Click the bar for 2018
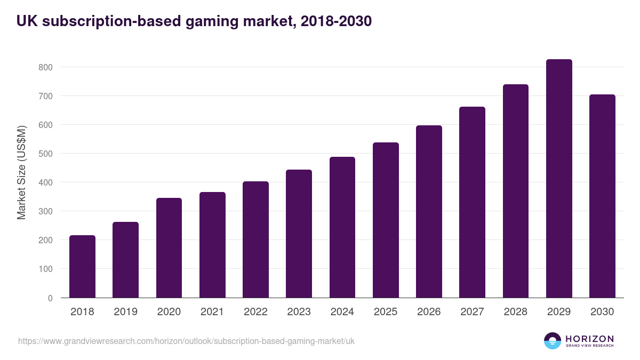click(82, 267)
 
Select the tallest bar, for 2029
click(559, 179)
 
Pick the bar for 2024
click(342, 227)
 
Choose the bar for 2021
click(212, 245)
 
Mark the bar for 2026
click(429, 212)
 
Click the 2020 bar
click(169, 248)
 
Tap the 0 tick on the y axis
click(50, 298)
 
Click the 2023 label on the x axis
click(299, 312)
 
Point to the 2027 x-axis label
click(472, 312)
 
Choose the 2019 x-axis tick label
click(125, 312)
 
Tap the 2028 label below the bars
click(516, 312)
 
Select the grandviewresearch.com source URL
click(186, 341)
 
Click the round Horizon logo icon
click(553, 341)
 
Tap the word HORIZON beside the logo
click(589, 338)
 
